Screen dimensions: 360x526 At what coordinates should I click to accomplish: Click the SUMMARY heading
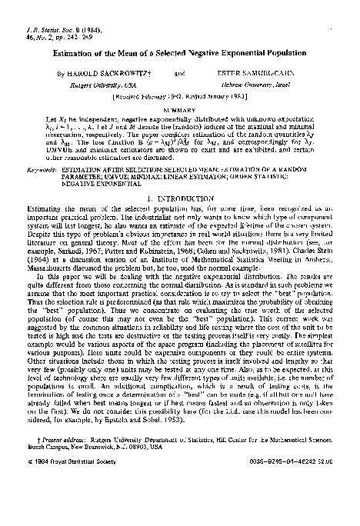tap(181, 109)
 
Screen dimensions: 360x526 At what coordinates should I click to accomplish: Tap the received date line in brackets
tap(181, 98)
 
